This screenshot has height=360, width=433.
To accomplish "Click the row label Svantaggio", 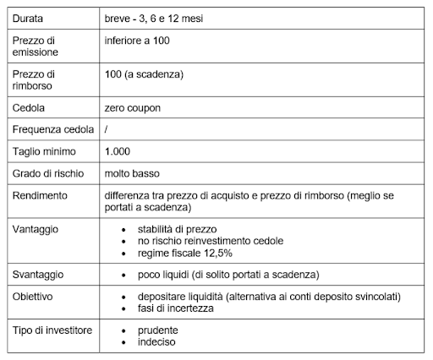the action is (40, 275).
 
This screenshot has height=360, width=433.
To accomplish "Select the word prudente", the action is (159, 330).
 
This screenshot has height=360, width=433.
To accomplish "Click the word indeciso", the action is (157, 342).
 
